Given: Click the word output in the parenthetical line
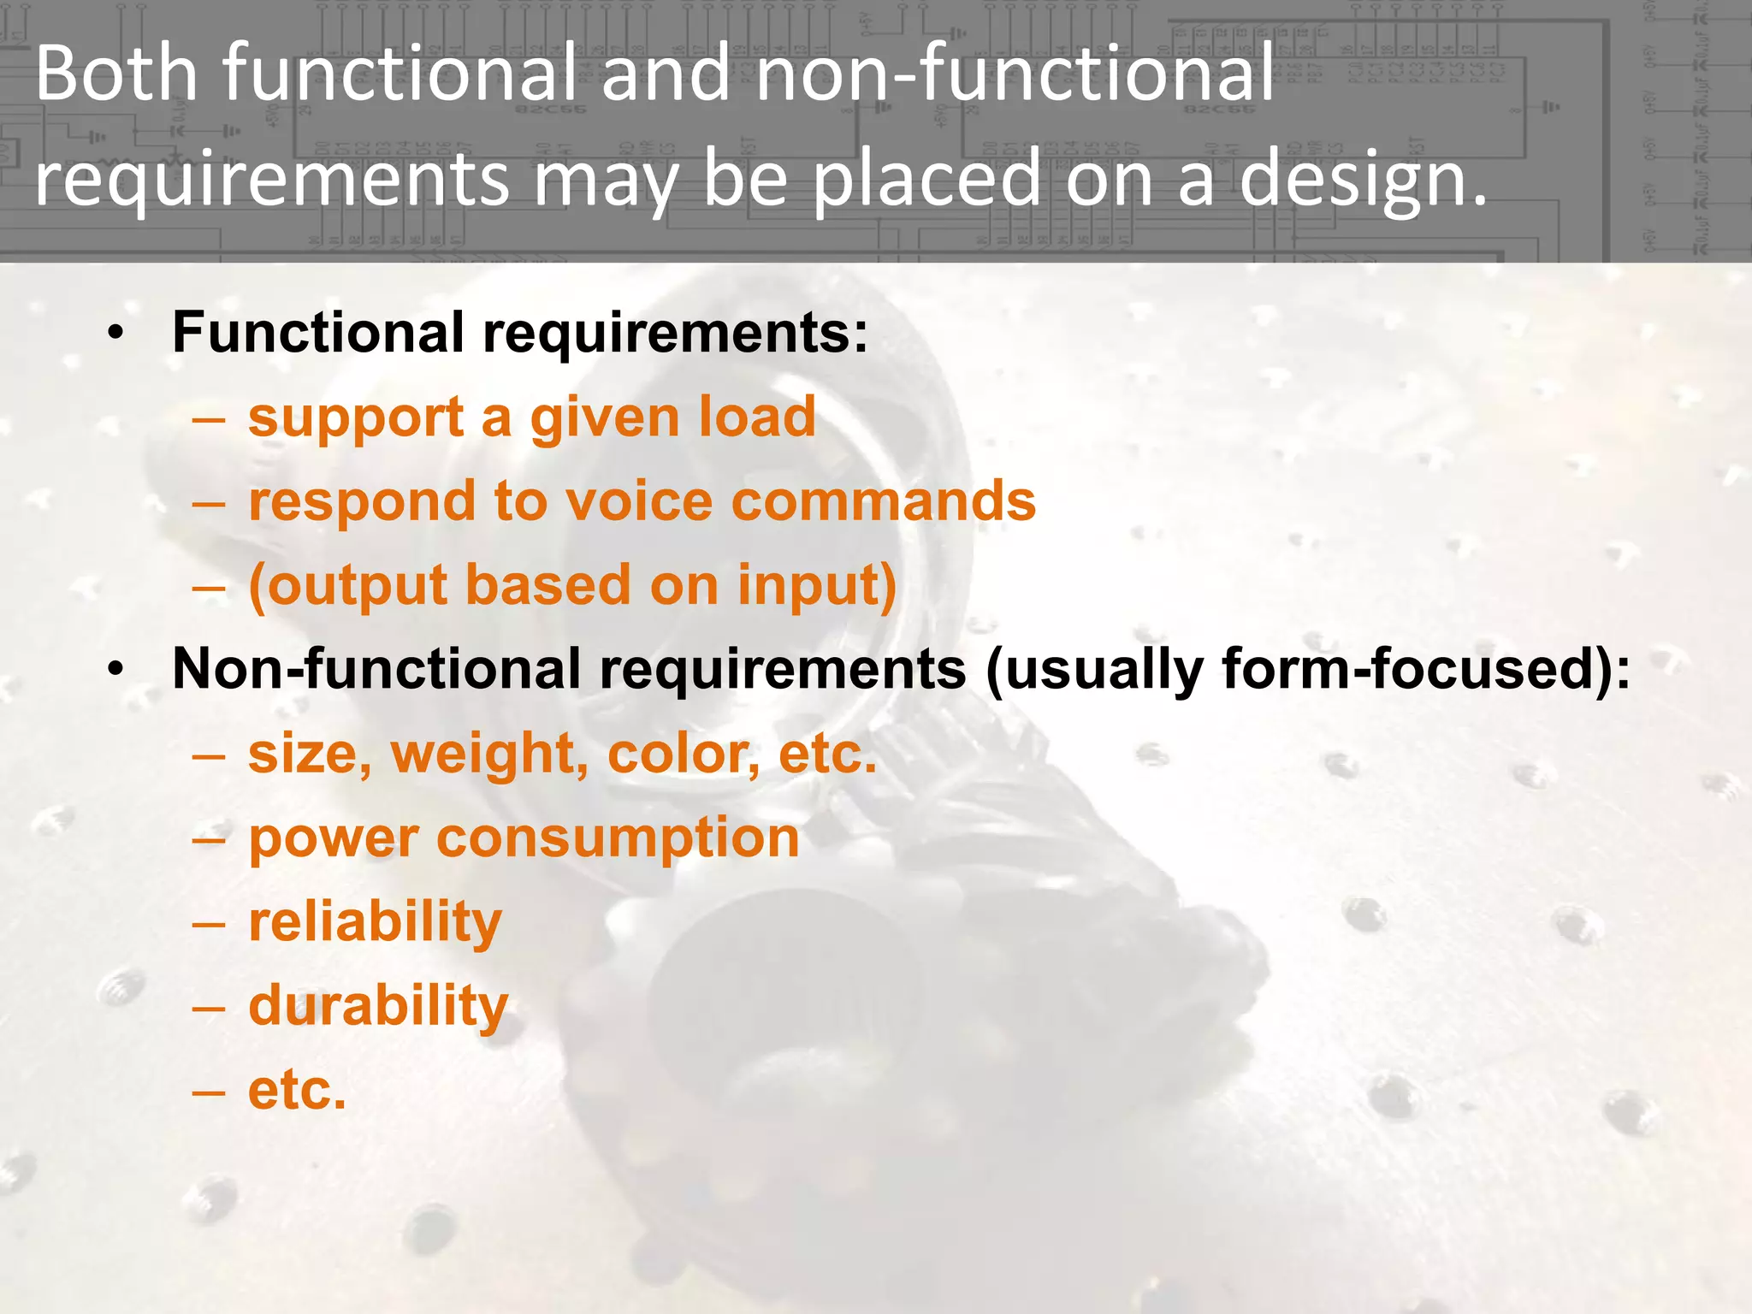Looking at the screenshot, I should tap(346, 587).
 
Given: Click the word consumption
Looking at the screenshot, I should tap(618, 838).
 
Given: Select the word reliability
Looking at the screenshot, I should tap(375, 922).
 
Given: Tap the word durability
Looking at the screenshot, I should tap(378, 1006).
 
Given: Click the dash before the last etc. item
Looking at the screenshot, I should tap(209, 1092).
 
